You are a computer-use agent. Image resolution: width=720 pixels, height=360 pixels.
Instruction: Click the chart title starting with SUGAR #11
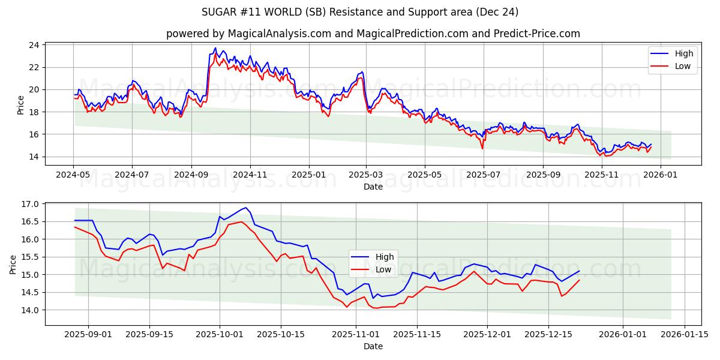[360, 12]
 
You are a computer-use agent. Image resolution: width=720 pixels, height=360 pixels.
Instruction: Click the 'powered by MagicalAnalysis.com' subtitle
[373, 34]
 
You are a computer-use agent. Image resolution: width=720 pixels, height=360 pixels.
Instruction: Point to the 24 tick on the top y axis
[34, 45]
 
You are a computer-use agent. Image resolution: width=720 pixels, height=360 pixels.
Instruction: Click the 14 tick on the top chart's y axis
[34, 157]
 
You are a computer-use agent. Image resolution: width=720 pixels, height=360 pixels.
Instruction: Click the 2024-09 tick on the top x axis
[191, 175]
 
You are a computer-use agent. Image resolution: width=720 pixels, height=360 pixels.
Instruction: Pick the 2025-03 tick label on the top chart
[365, 175]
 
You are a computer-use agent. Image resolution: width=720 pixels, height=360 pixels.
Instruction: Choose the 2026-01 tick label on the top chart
[661, 175]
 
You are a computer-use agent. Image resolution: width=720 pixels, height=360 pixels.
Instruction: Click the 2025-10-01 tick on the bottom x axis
[219, 334]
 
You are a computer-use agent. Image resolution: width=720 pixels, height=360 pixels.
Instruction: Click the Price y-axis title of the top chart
[21, 104]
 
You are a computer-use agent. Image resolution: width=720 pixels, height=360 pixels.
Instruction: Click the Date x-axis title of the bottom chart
[373, 346]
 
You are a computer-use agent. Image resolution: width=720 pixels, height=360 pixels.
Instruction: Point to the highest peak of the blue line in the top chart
[215, 48]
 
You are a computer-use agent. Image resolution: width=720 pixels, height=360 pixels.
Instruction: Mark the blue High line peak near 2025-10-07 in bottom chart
[245, 208]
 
